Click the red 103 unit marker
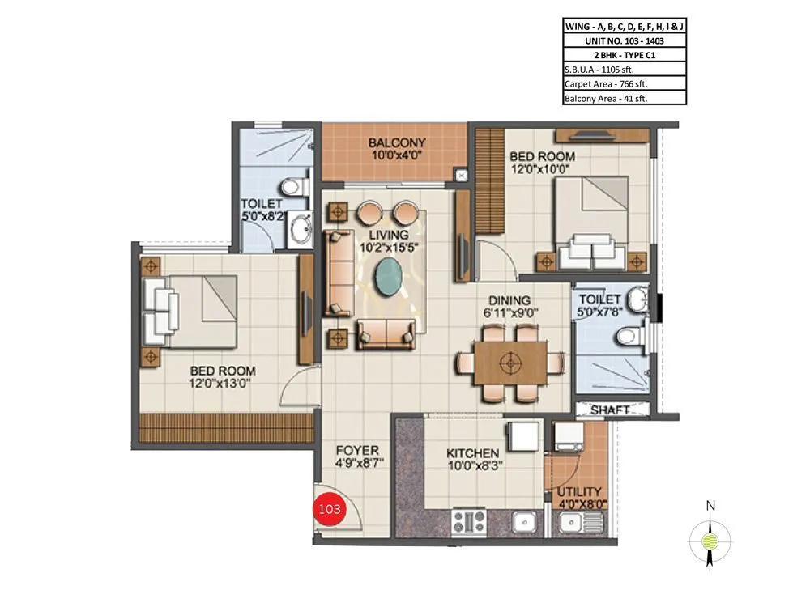(x=330, y=509)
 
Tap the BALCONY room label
(x=397, y=142)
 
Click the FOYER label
(x=357, y=451)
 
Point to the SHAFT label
(x=610, y=410)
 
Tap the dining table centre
(x=509, y=361)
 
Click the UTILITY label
(x=579, y=491)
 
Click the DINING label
(x=509, y=299)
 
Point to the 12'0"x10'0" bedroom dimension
(x=541, y=169)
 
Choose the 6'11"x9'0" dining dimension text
(x=509, y=312)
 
